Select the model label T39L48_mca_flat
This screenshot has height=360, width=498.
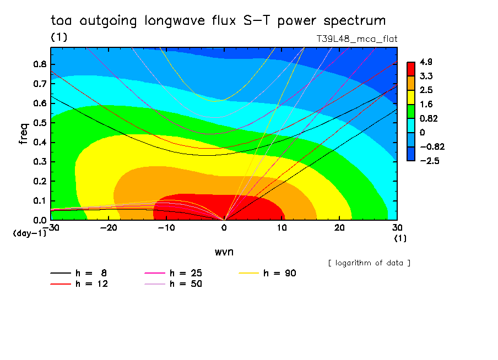[356, 39]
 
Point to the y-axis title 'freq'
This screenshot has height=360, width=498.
[24, 133]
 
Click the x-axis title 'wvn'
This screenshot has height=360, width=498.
[224, 252]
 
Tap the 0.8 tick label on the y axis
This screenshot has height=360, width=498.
[40, 64]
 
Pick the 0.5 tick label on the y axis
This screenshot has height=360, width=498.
[40, 123]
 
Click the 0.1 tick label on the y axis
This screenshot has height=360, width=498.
[40, 201]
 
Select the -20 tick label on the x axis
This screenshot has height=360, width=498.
[109, 228]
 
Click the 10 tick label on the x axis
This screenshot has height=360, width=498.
[282, 228]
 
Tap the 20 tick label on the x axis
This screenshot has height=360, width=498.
[339, 228]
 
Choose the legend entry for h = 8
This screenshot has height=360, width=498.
[78, 273]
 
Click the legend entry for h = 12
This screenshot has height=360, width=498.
[79, 284]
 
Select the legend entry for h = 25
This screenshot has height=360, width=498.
[173, 273]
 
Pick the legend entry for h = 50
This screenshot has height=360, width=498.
[173, 284]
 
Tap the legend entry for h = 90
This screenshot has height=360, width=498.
[267, 273]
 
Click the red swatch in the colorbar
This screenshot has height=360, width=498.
[411, 69]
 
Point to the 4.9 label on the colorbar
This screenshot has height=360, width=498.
[426, 62]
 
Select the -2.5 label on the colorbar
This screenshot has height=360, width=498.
[430, 161]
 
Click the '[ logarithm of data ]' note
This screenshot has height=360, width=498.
[370, 263]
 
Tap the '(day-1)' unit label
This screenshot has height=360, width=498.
[29, 233]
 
